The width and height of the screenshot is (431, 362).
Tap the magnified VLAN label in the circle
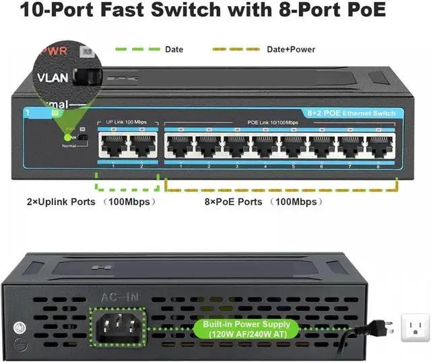click(52, 77)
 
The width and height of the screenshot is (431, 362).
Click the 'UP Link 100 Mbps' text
click(127, 122)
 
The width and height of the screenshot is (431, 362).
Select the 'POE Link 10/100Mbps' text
click(273, 122)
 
